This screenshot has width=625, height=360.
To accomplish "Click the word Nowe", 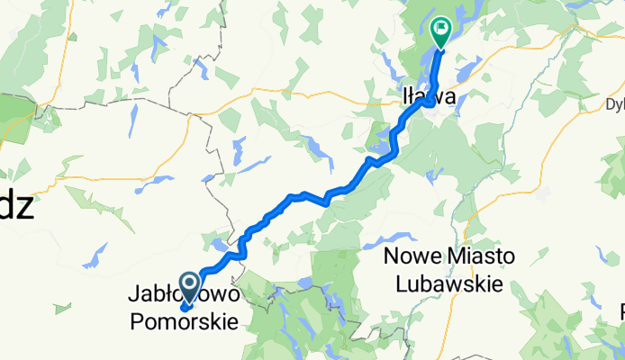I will pos(409,256).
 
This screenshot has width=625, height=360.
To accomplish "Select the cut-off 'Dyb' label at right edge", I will pos(614,103).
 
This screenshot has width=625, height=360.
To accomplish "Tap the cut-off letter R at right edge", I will pos(620,312).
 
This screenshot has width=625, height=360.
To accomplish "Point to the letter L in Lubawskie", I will pos(402,282).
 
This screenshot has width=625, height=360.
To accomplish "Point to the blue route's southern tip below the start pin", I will pos(184,309).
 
